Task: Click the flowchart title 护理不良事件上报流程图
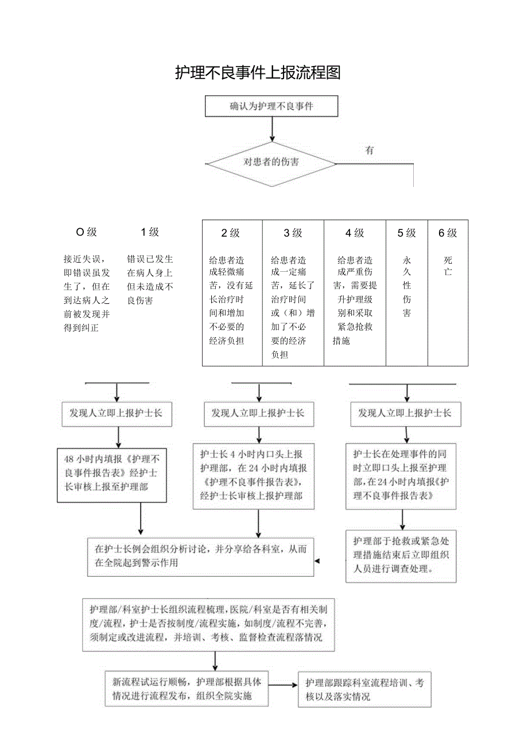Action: [x=258, y=73]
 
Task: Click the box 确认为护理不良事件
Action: [x=271, y=106]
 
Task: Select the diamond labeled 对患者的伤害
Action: [x=271, y=162]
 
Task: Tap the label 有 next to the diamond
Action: [x=370, y=150]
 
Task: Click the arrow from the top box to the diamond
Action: [x=272, y=129]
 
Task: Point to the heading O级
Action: [x=87, y=232]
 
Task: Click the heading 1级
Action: [x=150, y=232]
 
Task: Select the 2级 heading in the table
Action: [x=231, y=233]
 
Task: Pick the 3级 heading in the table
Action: [x=293, y=233]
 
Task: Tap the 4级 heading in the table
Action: [x=355, y=233]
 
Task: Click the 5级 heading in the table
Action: [x=406, y=233]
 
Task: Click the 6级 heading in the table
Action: [x=448, y=233]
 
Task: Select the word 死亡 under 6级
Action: [x=448, y=266]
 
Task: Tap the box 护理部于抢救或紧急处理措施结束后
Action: [x=401, y=556]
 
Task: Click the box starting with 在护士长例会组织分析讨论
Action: [x=200, y=556]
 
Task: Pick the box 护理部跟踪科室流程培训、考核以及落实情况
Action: [x=364, y=690]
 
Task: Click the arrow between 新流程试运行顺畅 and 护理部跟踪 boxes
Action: [x=282, y=685]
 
